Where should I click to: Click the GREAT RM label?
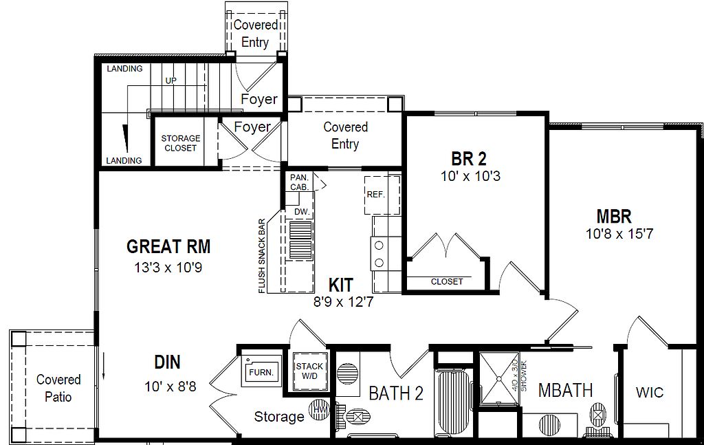168,246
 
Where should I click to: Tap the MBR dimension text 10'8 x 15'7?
619,234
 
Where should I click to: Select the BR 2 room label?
470,160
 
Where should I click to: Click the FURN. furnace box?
261,371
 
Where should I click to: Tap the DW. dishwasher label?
301,212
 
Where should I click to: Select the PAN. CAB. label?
299,182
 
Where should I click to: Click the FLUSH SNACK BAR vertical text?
262,257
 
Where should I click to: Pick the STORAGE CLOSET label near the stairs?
180,143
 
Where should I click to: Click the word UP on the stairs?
170,80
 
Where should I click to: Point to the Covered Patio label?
58,388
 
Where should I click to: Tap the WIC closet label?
650,393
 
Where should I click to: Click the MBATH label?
565,390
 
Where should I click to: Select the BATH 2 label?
396,393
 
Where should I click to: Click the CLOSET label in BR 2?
447,281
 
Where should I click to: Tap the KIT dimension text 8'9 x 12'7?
342,301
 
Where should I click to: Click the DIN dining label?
168,362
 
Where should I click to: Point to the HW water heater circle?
319,409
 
